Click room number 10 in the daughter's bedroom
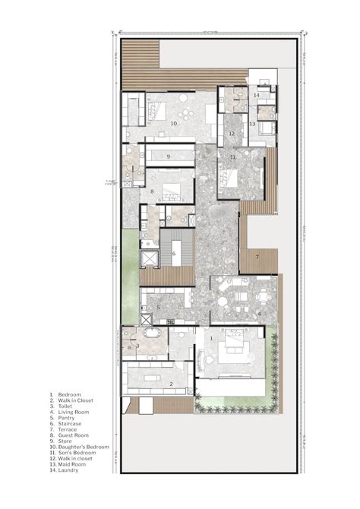coord(173,122)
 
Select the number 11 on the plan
coord(233,157)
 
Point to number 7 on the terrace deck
coord(257,258)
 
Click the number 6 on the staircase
coord(174,254)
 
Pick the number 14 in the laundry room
coord(257,95)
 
